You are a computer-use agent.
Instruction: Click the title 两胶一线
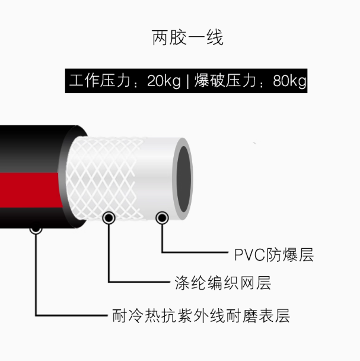point(187,37)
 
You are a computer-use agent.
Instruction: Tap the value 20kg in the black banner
point(164,81)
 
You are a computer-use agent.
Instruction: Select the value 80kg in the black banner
point(289,81)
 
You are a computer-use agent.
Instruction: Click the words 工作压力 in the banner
point(100,81)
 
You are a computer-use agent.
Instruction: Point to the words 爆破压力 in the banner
point(225,81)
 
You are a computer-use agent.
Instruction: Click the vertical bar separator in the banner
point(187,81)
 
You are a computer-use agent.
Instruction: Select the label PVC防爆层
point(274,255)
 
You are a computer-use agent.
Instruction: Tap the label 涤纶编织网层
point(223,283)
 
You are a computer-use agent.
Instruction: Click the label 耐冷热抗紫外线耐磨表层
point(201,316)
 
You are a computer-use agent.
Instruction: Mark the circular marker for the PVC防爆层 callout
point(162,218)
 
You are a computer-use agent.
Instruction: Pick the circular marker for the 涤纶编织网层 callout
point(109,217)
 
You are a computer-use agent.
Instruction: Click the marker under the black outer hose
point(36,230)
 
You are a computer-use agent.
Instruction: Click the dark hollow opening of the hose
point(184,179)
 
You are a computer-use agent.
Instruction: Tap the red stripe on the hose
point(30,190)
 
